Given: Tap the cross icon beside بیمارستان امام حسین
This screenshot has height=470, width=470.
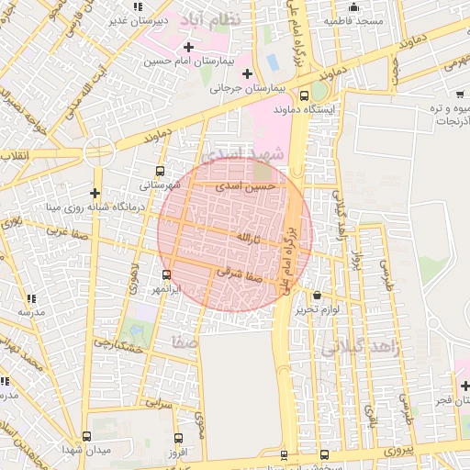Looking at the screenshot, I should click(x=188, y=46).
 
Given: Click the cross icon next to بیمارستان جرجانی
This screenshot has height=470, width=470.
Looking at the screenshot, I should click(x=247, y=73).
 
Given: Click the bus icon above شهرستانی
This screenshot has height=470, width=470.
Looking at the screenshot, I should click(x=162, y=171).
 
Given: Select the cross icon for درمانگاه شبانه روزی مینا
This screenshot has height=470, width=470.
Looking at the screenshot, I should click(x=95, y=193).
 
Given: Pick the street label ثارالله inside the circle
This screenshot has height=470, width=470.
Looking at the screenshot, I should click(x=248, y=238).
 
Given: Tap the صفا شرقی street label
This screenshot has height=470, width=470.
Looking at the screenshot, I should click(x=241, y=272).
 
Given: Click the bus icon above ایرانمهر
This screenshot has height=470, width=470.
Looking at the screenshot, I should click(x=166, y=274).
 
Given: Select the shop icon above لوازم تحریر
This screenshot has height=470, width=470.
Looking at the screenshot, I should click(x=318, y=296).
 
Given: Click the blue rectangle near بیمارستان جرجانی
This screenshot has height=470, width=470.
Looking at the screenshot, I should click(x=272, y=62).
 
